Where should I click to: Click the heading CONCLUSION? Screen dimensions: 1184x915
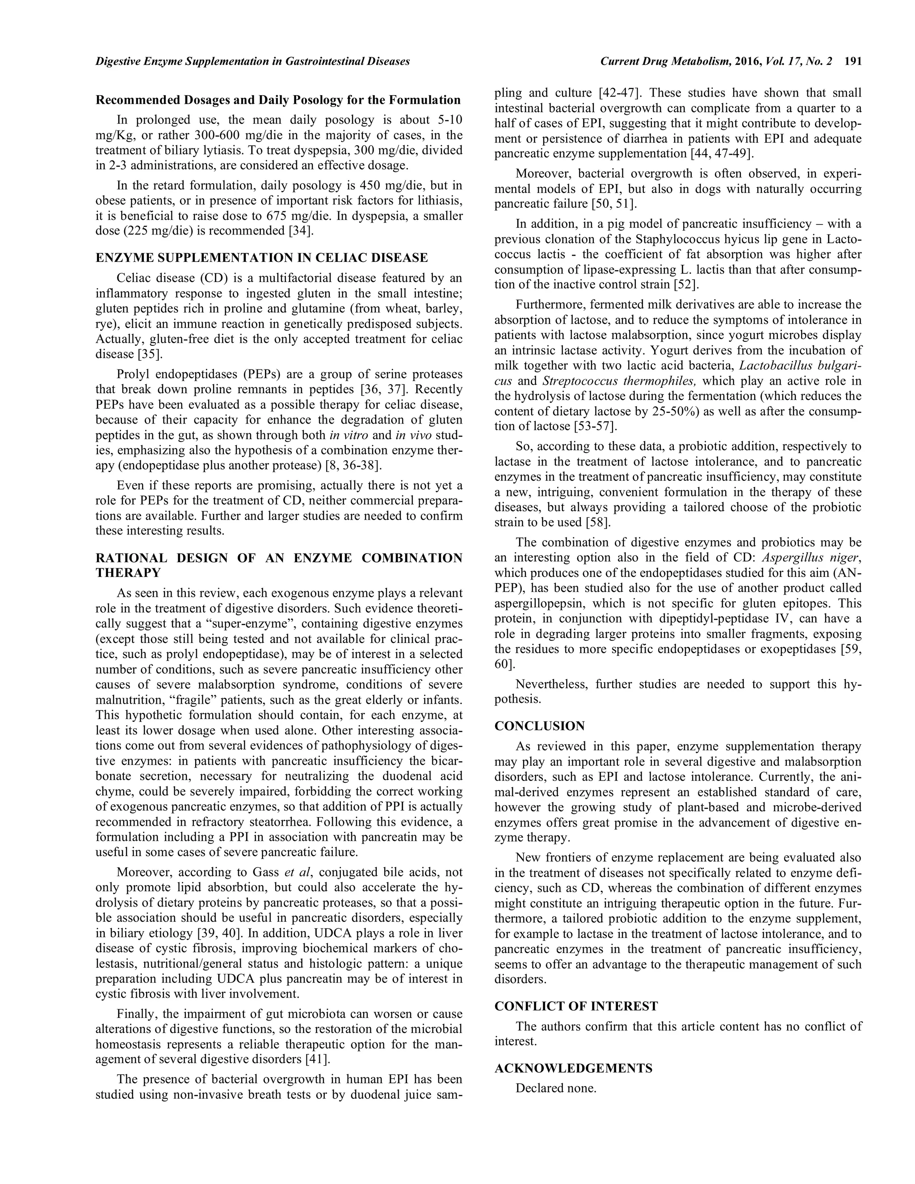click(x=539, y=726)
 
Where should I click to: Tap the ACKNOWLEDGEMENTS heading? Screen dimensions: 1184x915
click(x=573, y=1068)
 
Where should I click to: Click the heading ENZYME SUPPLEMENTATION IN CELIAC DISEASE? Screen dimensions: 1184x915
click(x=262, y=257)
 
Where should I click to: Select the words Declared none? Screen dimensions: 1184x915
click(x=556, y=1088)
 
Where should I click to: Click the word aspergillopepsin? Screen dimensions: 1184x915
click(x=536, y=603)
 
